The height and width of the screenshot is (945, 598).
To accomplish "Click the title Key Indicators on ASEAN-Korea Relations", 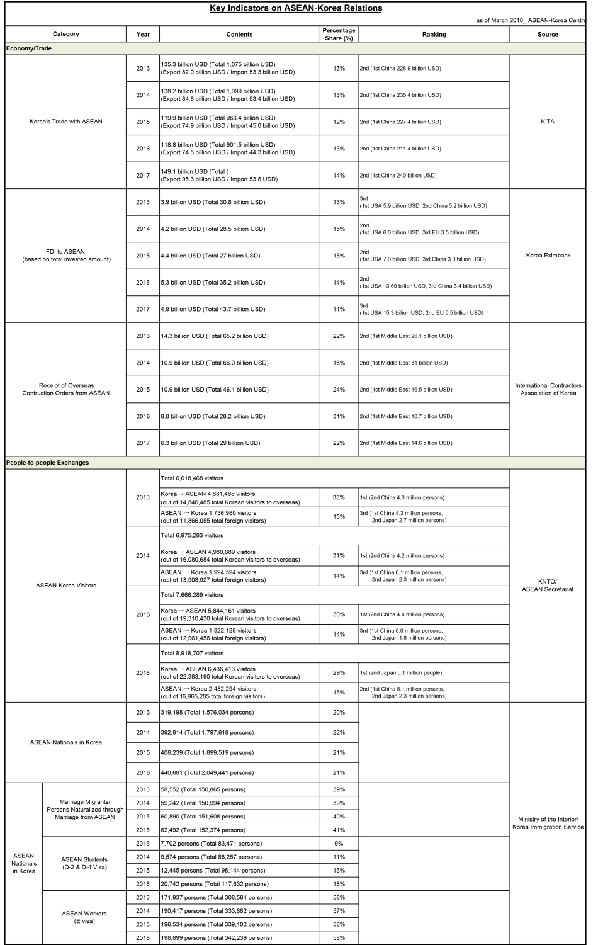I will pyautogui.click(x=295, y=8).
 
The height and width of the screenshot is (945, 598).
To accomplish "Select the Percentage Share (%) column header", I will pyautogui.click(x=339, y=34).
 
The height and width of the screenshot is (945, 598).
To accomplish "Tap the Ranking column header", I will pyautogui.click(x=434, y=34).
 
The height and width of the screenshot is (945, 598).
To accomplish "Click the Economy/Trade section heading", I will pyautogui.click(x=29, y=48).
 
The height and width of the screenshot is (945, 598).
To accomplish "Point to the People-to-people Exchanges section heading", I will pyautogui.click(x=47, y=463).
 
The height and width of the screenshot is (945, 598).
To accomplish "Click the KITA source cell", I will pyautogui.click(x=547, y=122).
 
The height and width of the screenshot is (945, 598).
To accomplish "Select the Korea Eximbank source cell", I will pyautogui.click(x=548, y=256).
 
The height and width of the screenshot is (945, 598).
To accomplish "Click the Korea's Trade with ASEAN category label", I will pyautogui.click(x=65, y=122).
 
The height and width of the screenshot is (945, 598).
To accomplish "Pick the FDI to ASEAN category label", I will pyautogui.click(x=65, y=255).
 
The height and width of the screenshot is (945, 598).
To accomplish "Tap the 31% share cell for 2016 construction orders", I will pyautogui.click(x=339, y=416).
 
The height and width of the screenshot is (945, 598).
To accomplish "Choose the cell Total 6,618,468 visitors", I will pyautogui.click(x=192, y=478).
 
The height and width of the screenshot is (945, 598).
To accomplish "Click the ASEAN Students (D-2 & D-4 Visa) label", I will pyautogui.click(x=84, y=863).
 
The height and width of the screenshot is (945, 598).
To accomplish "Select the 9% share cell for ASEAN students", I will pyautogui.click(x=339, y=844).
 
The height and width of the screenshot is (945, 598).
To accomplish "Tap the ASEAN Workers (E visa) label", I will pyautogui.click(x=84, y=917).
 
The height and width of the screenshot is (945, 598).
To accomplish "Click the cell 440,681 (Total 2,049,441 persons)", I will pyautogui.click(x=207, y=772).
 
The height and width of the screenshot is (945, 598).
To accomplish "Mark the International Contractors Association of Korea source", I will pyautogui.click(x=548, y=389).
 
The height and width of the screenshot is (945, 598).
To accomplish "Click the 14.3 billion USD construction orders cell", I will pyautogui.click(x=215, y=336).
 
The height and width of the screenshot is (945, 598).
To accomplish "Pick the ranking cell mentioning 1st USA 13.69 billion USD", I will pyautogui.click(x=426, y=282).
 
